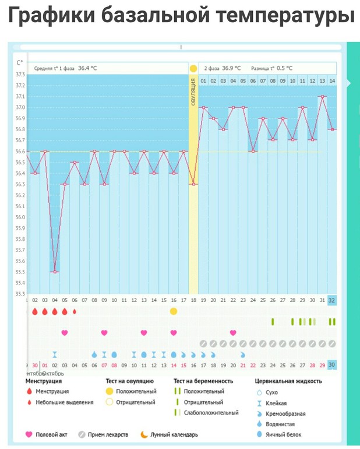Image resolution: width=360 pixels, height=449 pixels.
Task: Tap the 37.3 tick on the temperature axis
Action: tap(20, 75)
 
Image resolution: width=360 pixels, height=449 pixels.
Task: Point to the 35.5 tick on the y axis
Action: tap(20, 272)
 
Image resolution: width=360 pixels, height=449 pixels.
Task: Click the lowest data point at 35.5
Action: tap(55, 272)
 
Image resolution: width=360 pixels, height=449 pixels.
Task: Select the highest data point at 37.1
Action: tap(322, 96)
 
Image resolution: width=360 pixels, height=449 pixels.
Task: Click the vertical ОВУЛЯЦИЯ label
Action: tap(193, 93)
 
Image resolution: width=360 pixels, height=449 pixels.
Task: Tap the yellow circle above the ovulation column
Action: tap(193, 69)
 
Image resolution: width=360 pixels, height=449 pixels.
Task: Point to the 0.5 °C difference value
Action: tap(285, 68)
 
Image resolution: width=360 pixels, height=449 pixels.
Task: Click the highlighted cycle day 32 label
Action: tap(332, 300)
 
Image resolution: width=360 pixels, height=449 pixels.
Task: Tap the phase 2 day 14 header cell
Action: tap(332, 80)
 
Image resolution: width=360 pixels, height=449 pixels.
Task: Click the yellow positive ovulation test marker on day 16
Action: tap(174, 311)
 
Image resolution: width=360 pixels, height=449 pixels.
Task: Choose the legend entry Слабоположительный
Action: tap(211, 413)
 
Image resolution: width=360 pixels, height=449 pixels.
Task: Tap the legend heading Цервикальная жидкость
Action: tap(288, 381)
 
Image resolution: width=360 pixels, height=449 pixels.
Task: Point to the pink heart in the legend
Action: tap(29, 434)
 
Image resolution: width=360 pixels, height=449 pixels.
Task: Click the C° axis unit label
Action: tap(20, 63)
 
